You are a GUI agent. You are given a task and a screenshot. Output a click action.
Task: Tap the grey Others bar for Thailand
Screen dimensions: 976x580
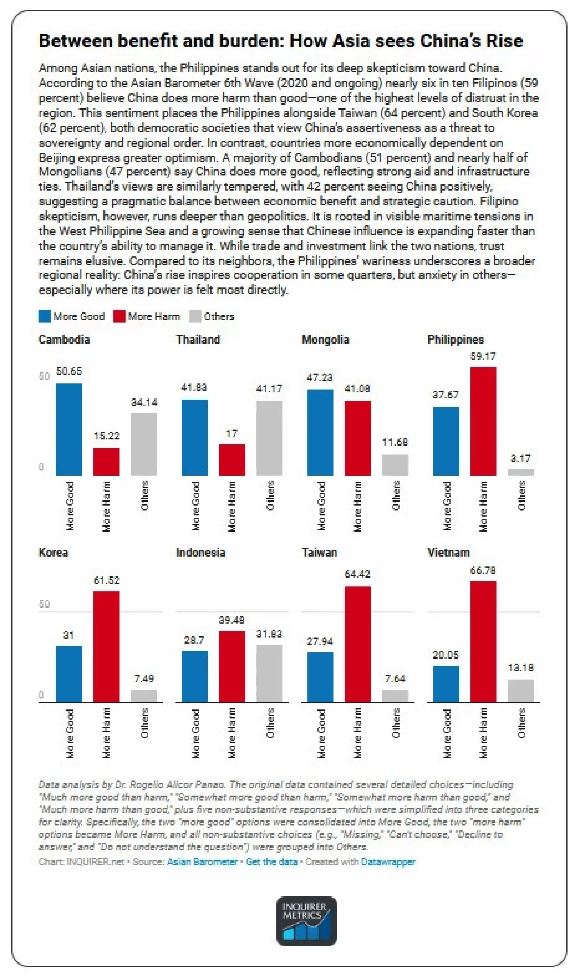coord(269,438)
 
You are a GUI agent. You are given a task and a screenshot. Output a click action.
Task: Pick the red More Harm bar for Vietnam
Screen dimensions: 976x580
coord(483,641)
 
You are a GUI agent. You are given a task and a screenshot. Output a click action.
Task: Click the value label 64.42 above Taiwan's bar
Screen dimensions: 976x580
coord(357,574)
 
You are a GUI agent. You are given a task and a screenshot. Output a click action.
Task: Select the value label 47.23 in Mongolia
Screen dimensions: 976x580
coord(320,377)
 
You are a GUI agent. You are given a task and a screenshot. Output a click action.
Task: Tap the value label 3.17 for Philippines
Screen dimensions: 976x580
coord(520,458)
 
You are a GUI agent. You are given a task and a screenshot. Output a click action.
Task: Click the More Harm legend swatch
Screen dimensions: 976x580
coord(119,316)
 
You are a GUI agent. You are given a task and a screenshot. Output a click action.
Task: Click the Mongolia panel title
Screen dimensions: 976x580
coord(325,339)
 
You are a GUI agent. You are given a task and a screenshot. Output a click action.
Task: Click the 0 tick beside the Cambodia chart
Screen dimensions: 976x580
coord(41,467)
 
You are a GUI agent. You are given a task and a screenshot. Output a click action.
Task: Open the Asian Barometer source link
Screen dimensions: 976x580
coord(202,862)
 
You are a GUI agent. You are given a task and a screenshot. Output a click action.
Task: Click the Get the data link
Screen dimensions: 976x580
coord(272,862)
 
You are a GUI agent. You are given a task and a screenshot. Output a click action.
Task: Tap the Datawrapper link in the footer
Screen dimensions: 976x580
coord(388,862)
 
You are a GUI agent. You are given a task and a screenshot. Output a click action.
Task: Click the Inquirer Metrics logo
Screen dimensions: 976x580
coord(307,921)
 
